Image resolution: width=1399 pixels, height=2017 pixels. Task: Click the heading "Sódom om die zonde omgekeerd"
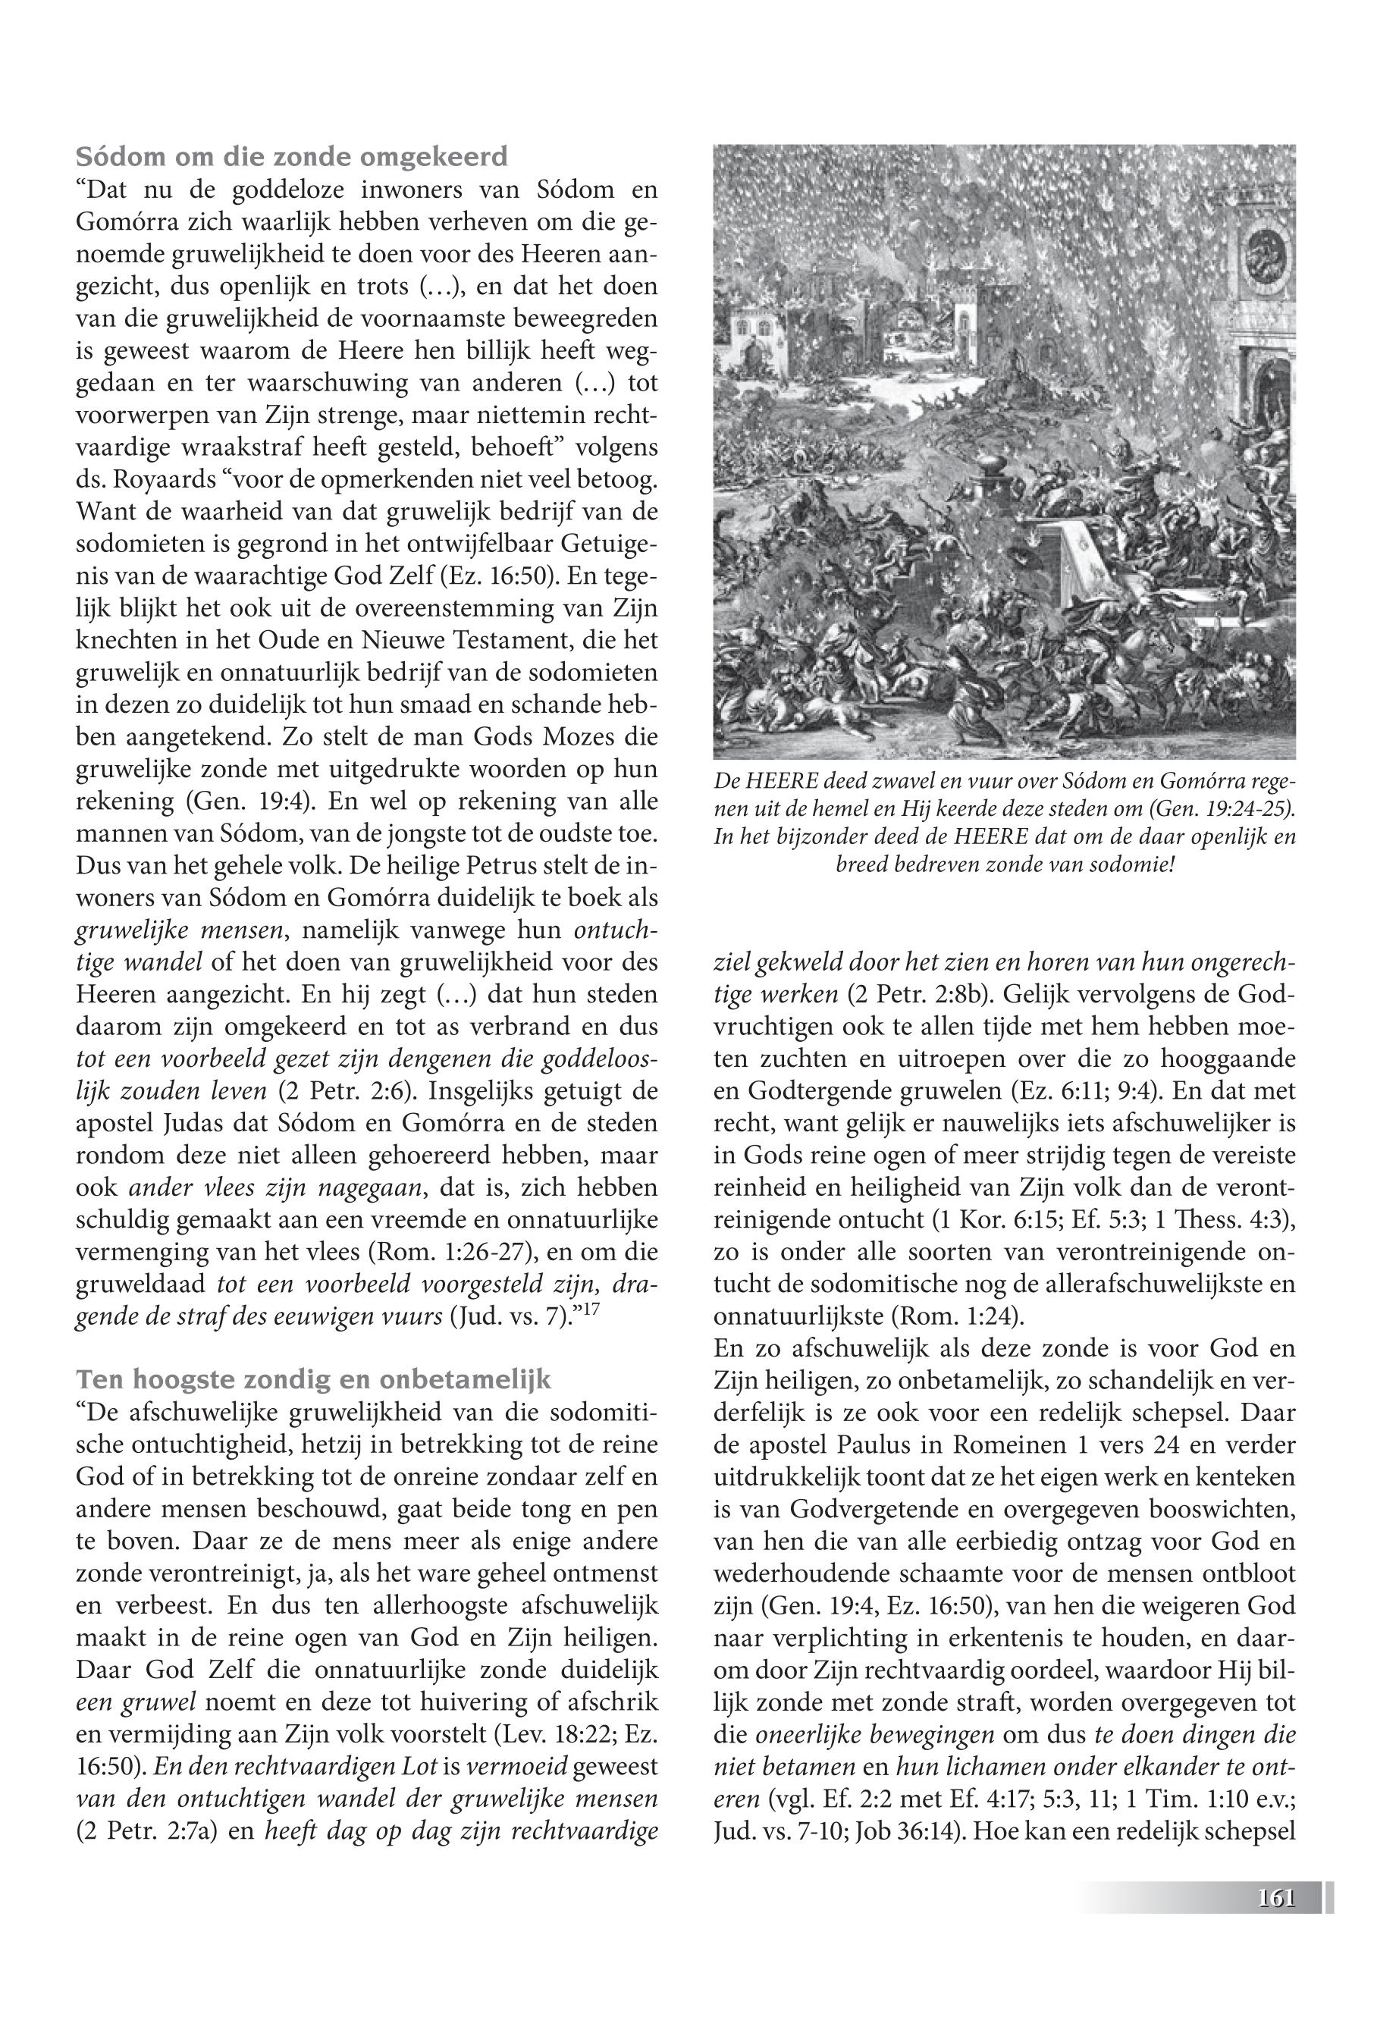pyautogui.click(x=291, y=157)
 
